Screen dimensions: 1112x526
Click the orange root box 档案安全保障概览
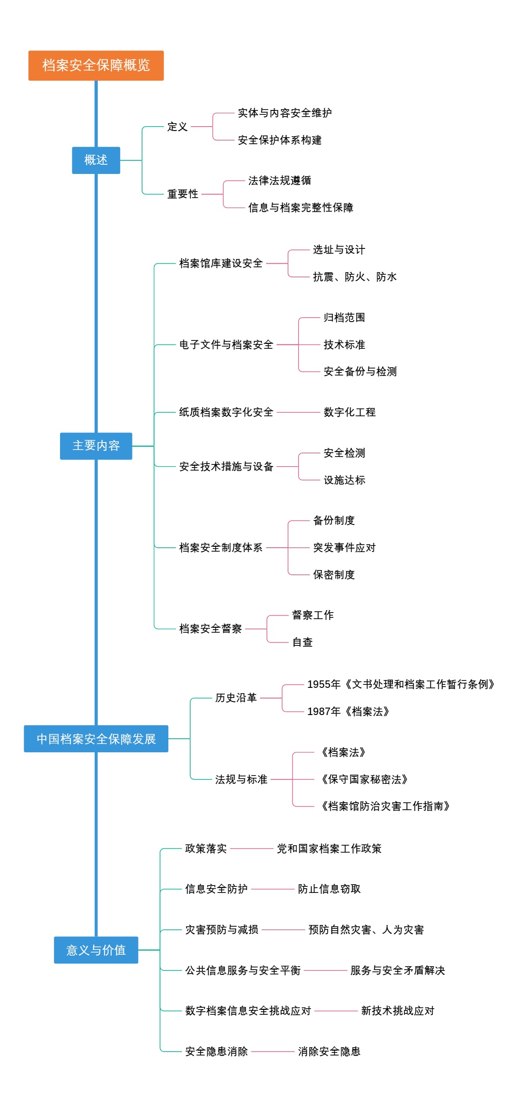(x=96, y=65)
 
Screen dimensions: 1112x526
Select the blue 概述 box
(x=96, y=160)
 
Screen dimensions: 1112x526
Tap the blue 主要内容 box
(x=96, y=446)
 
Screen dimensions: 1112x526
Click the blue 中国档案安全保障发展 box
(x=96, y=739)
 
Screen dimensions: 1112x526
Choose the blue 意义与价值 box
(x=96, y=950)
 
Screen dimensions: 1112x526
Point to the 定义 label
(x=178, y=127)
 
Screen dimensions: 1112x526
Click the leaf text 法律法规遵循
(x=280, y=181)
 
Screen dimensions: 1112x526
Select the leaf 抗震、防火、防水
(x=355, y=277)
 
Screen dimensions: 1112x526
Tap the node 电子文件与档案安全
(x=226, y=345)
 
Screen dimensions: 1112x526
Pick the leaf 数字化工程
(x=349, y=412)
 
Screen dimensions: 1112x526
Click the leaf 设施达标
(x=344, y=480)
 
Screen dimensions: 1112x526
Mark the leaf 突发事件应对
(x=344, y=548)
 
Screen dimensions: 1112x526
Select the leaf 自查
(x=302, y=642)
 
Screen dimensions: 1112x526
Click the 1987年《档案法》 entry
(x=348, y=712)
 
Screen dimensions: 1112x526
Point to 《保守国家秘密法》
(x=364, y=779)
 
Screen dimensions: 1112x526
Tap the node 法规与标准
(x=241, y=779)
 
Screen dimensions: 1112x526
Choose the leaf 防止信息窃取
(x=329, y=889)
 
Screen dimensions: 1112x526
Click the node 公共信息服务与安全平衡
(x=243, y=970)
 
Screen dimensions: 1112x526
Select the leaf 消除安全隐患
(x=329, y=1052)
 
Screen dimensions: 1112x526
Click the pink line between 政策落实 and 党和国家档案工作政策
(x=252, y=849)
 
